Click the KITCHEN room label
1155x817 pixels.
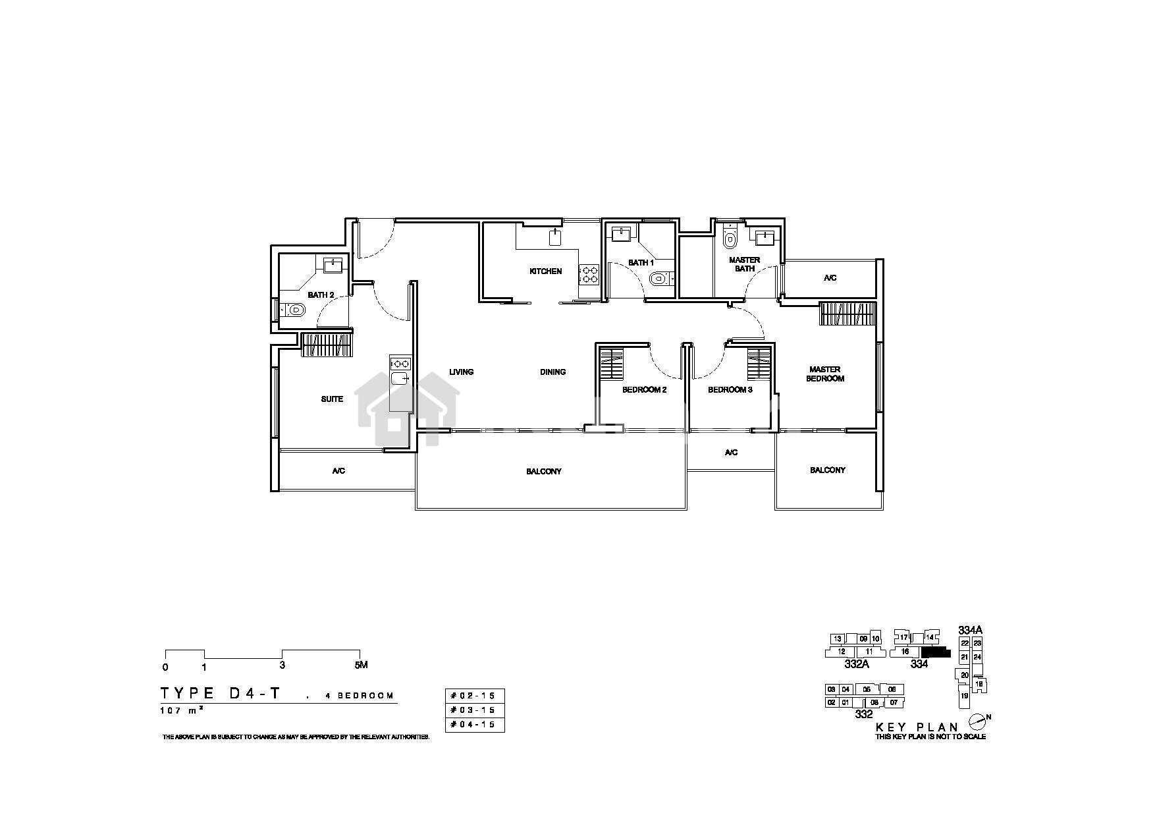[x=546, y=271]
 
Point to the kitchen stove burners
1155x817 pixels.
[x=589, y=274]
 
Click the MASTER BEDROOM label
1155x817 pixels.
[x=825, y=374]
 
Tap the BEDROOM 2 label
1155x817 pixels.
[x=645, y=390]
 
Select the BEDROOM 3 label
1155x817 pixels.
[x=730, y=390]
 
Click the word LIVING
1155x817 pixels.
[x=462, y=372]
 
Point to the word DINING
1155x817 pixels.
[x=553, y=372]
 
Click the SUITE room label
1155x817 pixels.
[x=332, y=399]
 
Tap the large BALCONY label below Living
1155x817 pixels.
[x=544, y=472]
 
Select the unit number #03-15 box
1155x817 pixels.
[x=475, y=710]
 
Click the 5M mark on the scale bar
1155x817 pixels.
[x=361, y=665]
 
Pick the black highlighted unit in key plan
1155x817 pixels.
[x=936, y=653]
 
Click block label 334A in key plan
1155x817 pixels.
[x=971, y=630]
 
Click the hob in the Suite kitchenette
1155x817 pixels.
[x=400, y=363]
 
